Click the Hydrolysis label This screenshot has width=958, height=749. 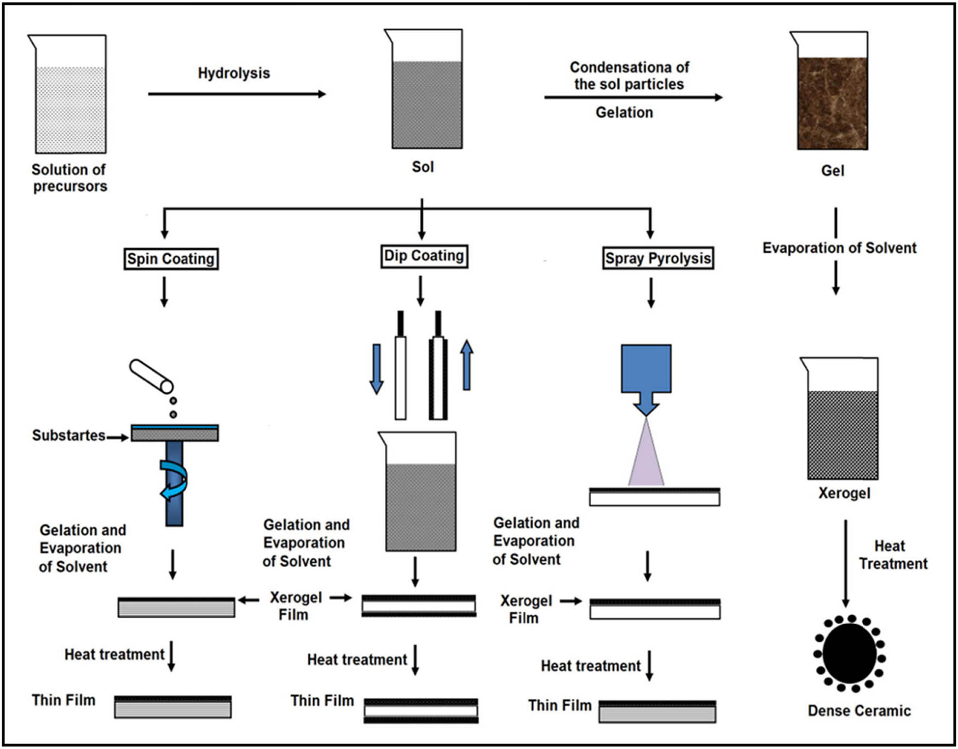234,73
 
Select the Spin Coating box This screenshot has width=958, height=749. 171,259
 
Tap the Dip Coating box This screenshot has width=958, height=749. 424,256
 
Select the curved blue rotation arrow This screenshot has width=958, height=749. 175,480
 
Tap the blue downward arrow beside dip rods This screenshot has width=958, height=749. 376,369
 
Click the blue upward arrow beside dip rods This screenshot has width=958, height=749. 466,365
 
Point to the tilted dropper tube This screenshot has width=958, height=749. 151,376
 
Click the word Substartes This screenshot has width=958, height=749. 68,436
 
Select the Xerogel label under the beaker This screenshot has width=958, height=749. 844,493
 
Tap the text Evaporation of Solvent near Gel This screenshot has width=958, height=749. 839,248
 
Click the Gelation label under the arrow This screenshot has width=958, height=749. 624,112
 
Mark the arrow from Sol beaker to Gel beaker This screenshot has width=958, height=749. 633,98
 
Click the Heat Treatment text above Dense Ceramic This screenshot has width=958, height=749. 892,554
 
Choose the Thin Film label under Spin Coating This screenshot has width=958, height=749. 64,700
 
